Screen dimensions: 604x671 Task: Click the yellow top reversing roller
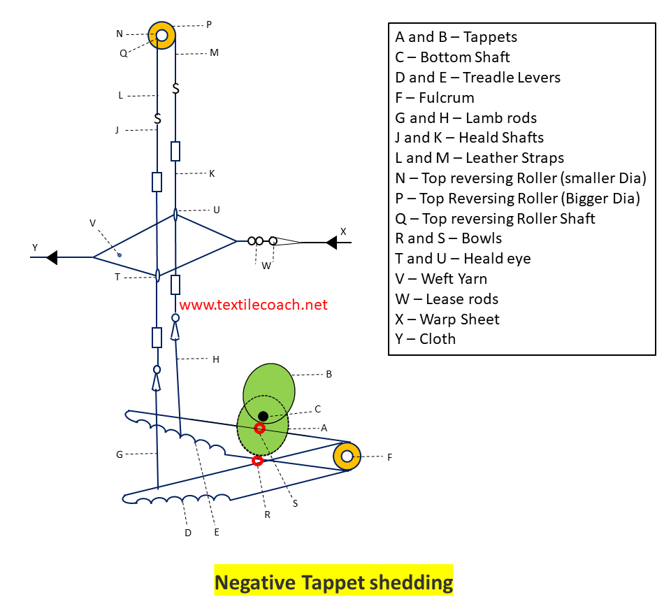(x=161, y=34)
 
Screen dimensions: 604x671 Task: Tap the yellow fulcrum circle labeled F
(x=347, y=456)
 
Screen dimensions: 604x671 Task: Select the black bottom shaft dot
(x=264, y=416)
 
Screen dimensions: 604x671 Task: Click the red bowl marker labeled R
(x=257, y=460)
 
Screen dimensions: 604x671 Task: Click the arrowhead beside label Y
(x=51, y=257)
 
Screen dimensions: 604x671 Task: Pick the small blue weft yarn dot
(x=120, y=254)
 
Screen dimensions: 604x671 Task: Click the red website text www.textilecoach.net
(x=253, y=305)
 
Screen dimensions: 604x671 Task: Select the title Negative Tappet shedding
(x=333, y=582)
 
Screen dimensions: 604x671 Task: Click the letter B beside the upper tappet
(x=329, y=374)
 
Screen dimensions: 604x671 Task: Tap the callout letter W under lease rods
(x=266, y=266)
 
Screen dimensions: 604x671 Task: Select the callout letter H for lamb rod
(x=216, y=359)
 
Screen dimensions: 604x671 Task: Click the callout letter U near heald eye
(x=217, y=209)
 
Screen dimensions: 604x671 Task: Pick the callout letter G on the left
(x=120, y=454)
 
